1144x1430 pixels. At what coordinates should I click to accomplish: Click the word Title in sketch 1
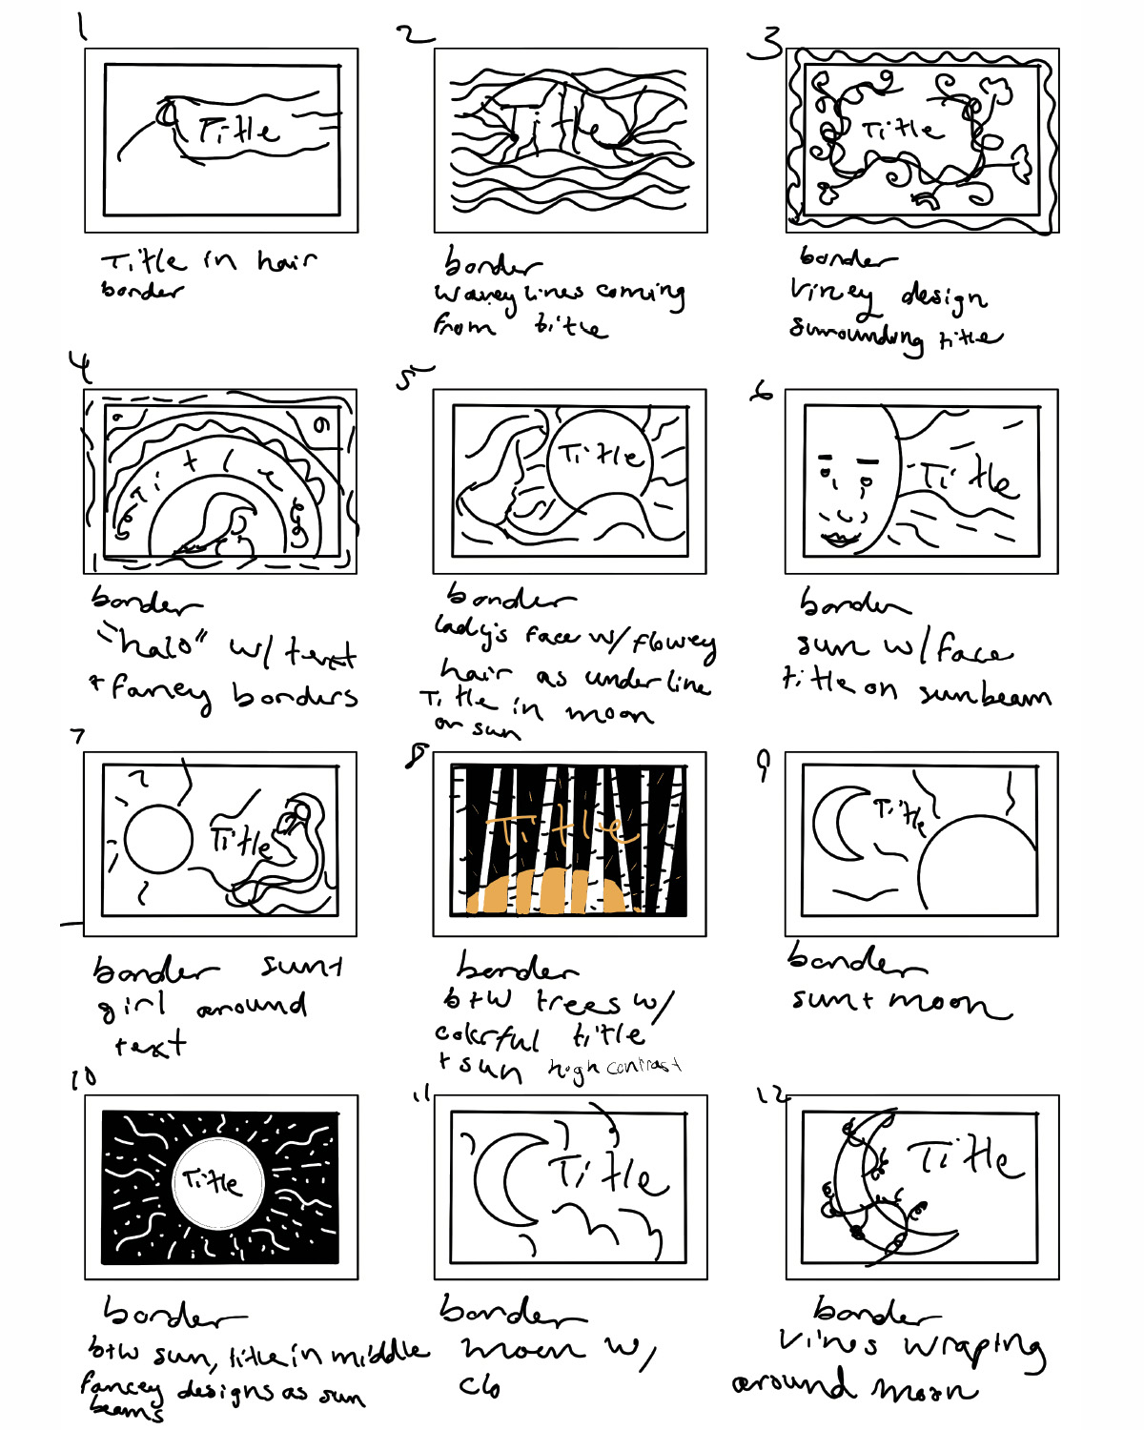(x=238, y=130)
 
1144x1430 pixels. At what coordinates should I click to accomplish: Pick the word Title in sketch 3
(x=901, y=129)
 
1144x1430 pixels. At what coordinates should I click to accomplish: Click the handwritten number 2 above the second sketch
(x=415, y=35)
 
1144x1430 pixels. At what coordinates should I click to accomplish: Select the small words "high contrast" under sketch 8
(x=615, y=1068)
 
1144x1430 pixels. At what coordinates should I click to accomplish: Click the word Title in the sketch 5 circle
(x=601, y=455)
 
